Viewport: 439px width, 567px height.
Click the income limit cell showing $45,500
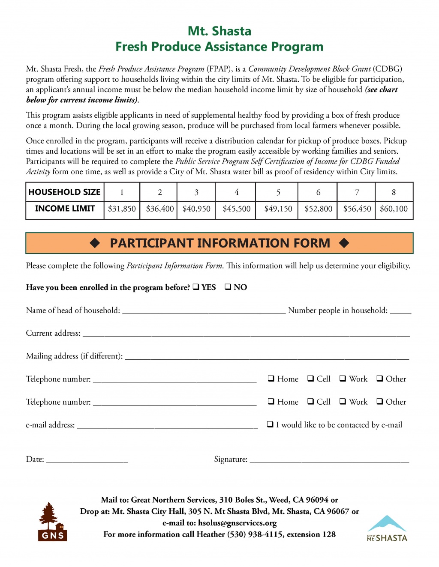pyautogui.click(x=236, y=209)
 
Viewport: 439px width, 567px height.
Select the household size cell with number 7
pyautogui.click(x=357, y=192)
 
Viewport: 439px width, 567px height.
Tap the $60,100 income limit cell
pyautogui.click(x=394, y=209)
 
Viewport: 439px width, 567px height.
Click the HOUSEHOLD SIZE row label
pyautogui.click(x=64, y=192)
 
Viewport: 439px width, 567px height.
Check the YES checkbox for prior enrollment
pyautogui.click(x=195, y=287)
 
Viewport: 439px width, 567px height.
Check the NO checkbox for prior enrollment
pyautogui.click(x=228, y=287)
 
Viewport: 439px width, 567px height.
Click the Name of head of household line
pyautogui.click(x=204, y=311)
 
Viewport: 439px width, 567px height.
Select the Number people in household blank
pyautogui.click(x=400, y=311)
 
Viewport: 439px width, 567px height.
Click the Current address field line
pyautogui.click(x=246, y=334)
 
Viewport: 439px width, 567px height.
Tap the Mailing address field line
pyautogui.click(x=267, y=357)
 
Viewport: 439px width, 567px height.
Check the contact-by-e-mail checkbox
pyautogui.click(x=271, y=425)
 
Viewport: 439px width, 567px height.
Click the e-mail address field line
pyautogui.click(x=167, y=426)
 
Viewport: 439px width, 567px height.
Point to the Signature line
pyautogui.click(x=329, y=460)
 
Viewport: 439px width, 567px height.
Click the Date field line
pyautogui.click(x=87, y=460)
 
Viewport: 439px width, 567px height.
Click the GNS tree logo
pyautogui.click(x=52, y=522)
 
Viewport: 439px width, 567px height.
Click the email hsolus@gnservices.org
pyautogui.click(x=237, y=523)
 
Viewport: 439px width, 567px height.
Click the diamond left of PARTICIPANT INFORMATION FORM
pyautogui.click(x=95, y=243)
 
